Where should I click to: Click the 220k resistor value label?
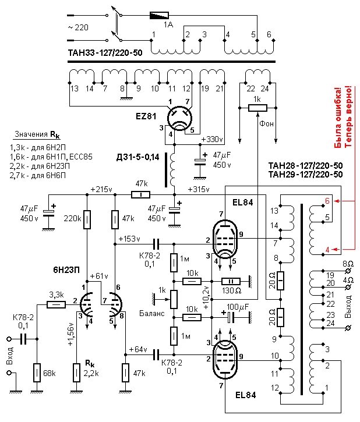[x=73, y=219]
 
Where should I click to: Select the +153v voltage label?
[x=129, y=239]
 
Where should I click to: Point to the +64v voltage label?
[x=139, y=349]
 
